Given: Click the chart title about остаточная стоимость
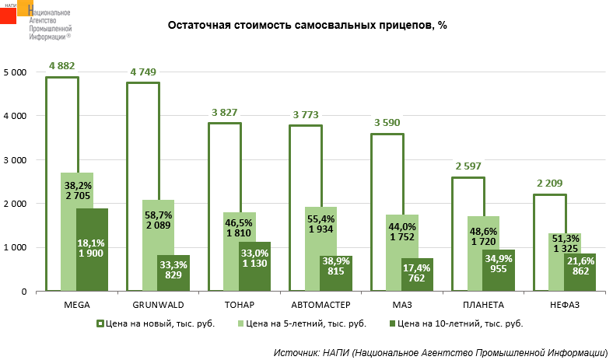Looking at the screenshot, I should (x=307, y=26).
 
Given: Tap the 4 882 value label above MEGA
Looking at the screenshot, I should (x=62, y=65).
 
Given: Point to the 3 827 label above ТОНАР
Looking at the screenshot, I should (x=225, y=112).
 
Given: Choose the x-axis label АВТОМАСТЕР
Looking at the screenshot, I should (x=320, y=304).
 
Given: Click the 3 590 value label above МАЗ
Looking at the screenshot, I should (x=387, y=123).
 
